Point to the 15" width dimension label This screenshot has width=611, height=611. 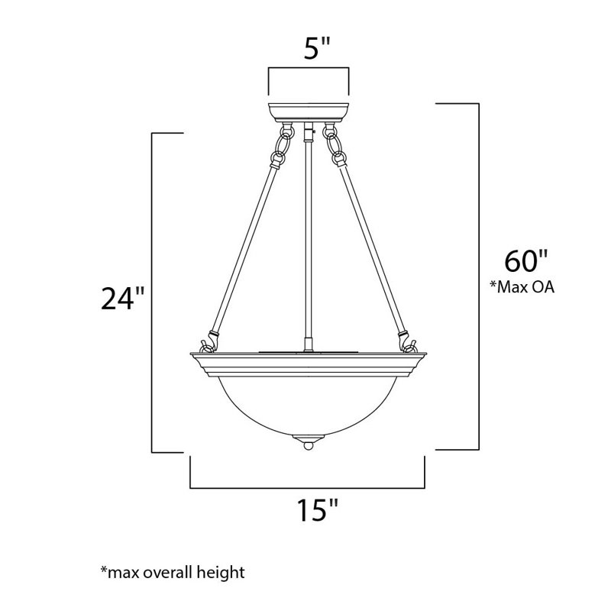pos(309,509)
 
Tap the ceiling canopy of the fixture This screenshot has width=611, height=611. pos(309,111)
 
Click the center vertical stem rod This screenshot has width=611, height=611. pos(307,244)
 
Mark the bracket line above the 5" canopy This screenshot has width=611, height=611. pos(309,69)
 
